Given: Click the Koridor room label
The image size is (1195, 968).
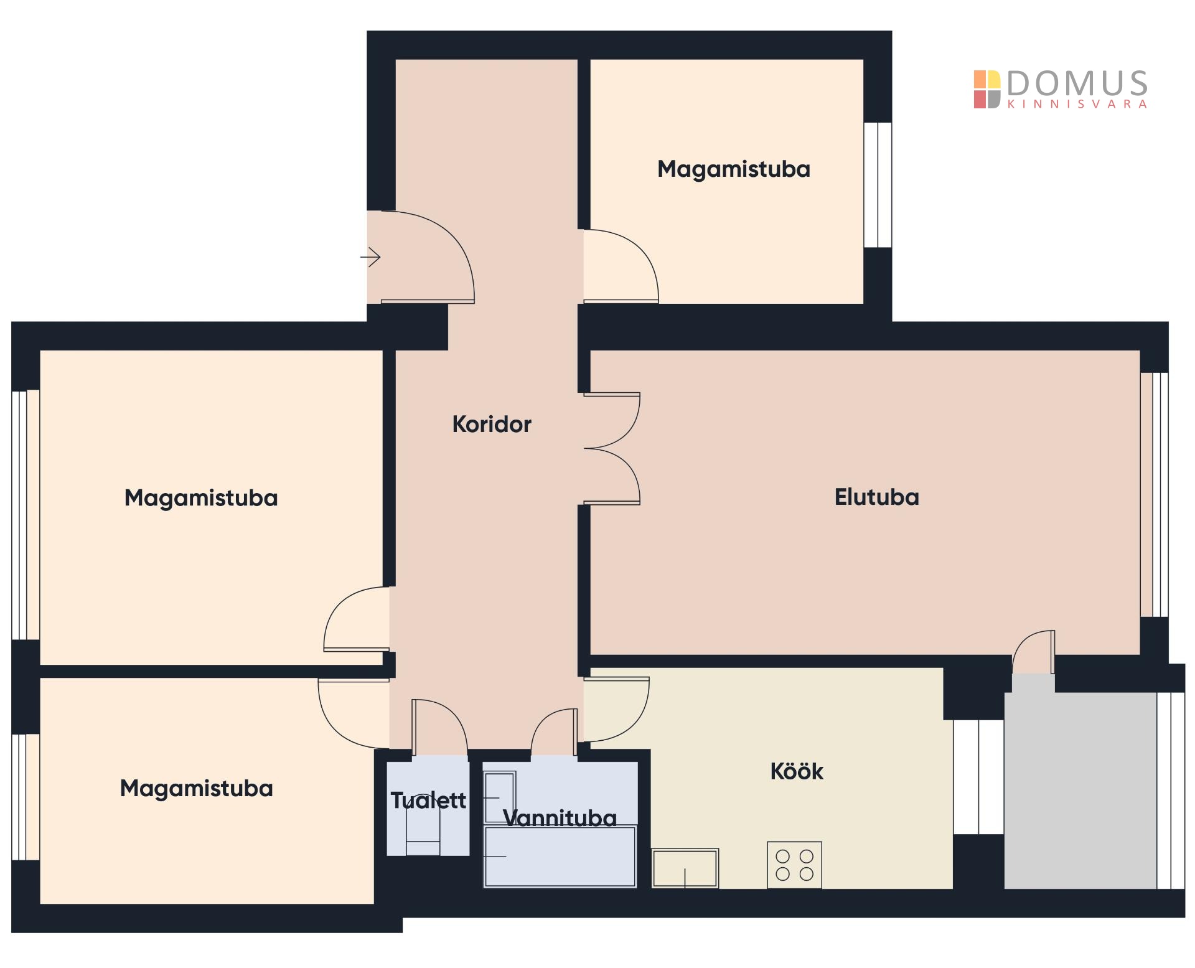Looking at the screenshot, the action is coord(492,425).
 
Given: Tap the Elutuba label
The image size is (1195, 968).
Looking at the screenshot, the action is coord(876,497).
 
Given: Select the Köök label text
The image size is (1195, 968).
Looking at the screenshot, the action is coord(797,771).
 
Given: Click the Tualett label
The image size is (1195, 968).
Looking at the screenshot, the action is coord(428,801).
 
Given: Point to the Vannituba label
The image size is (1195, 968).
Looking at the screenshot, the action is coord(560,818).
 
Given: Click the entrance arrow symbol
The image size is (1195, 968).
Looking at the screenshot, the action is coord(370,256).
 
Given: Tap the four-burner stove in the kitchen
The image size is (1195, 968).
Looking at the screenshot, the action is coord(795,865).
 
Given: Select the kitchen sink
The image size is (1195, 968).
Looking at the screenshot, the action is coord(685,868).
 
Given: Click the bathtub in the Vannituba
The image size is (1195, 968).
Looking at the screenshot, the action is coord(560,857).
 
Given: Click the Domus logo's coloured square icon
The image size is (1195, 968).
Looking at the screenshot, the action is coord(987,90).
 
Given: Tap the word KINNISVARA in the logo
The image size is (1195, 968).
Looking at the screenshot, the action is coord(1077,105).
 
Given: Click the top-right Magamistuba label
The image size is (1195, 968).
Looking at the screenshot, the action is coord(734,169).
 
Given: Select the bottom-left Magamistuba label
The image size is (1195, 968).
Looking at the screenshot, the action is coord(197,789).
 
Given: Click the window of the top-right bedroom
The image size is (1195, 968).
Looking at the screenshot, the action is coord(878,185).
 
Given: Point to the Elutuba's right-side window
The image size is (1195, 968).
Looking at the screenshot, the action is coord(1155,495).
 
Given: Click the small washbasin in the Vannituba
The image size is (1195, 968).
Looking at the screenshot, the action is coord(500,797).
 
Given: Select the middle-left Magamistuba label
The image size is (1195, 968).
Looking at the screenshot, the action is coord(201,498).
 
